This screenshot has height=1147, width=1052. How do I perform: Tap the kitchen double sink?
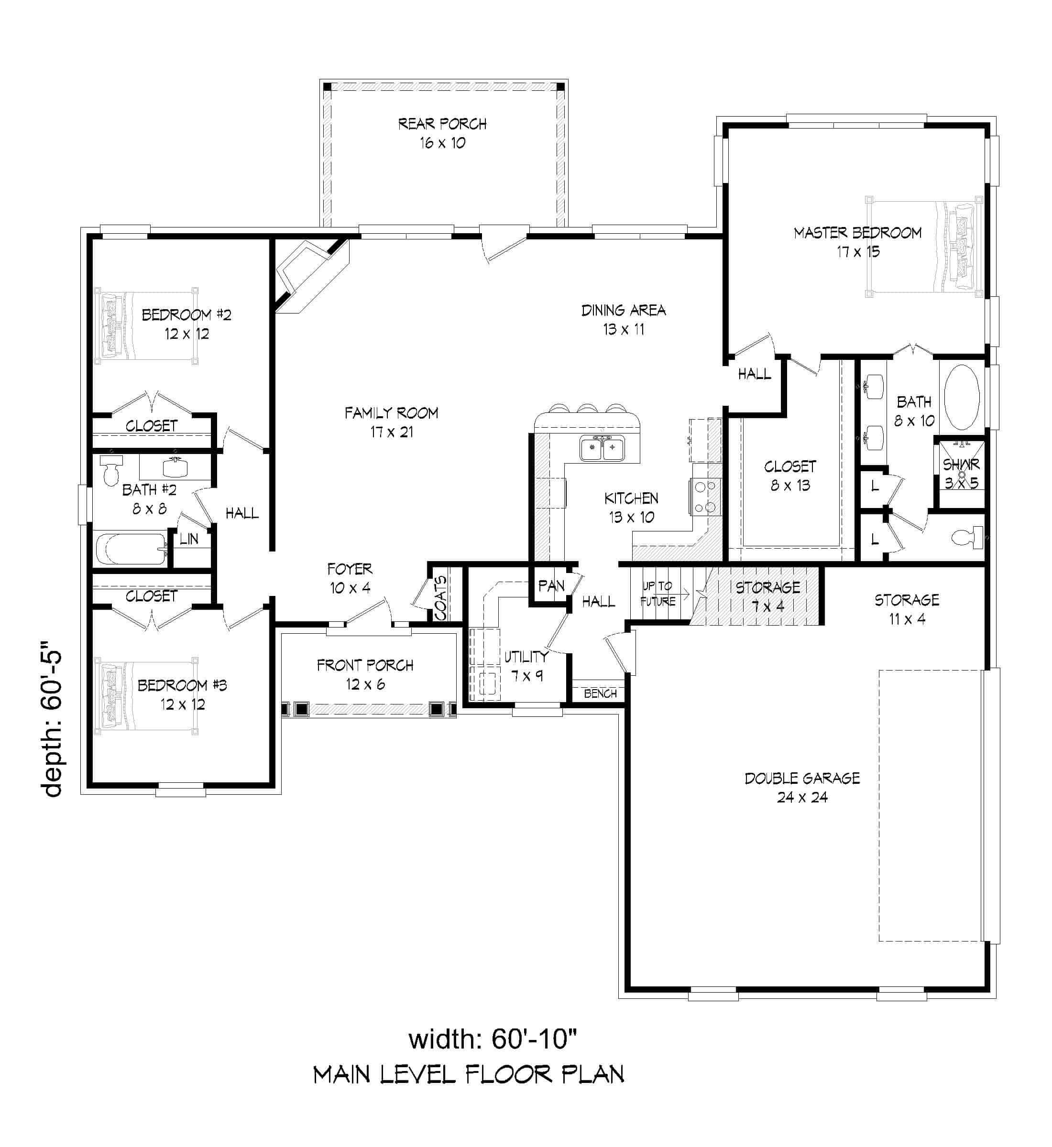602,448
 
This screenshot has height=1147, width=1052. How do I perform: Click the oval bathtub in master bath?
962,397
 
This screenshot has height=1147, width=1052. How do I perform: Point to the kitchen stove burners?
706,497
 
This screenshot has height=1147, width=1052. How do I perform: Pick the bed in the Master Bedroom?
923,246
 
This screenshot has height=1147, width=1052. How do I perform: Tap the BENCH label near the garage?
600,693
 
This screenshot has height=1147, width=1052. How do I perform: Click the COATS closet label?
440,598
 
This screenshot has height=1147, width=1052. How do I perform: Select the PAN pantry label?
551,585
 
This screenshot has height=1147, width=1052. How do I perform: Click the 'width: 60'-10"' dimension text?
493,1039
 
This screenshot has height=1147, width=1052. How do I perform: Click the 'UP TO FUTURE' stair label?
657,594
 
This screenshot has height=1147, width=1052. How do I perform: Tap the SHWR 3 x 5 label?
961,473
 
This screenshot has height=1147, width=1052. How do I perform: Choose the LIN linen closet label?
188,539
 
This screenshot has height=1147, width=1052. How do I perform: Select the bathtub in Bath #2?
131,549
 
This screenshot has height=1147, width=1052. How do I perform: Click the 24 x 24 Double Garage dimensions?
801,797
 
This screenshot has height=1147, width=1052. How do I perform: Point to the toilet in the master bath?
967,537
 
